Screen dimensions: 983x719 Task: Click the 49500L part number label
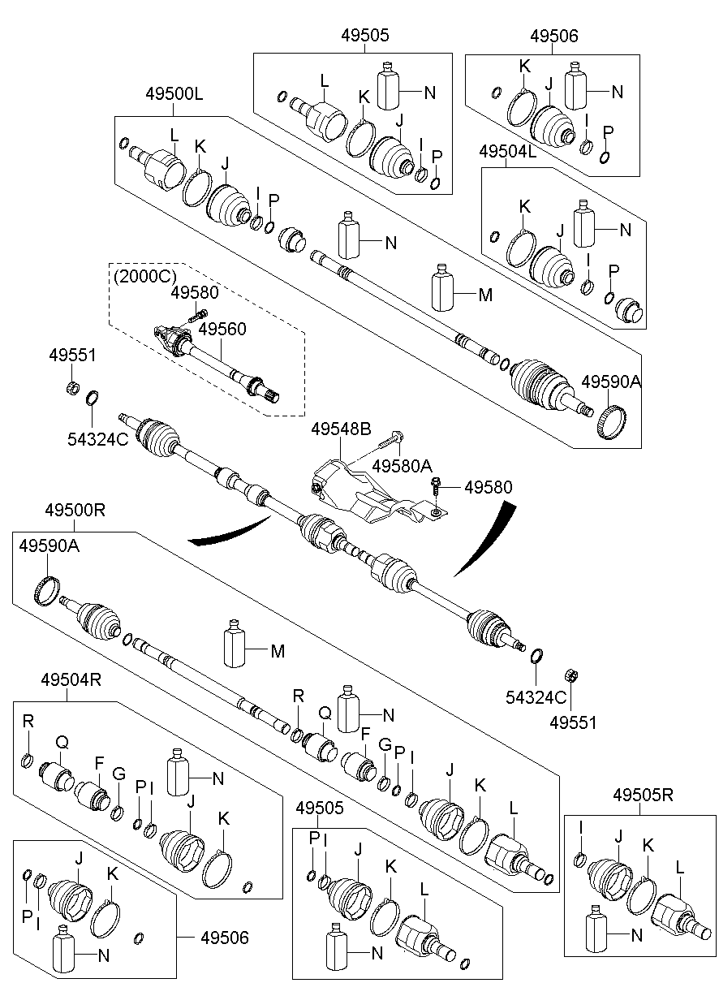[174, 94]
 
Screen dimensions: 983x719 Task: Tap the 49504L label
[508, 152]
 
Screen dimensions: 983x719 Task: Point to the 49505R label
[644, 795]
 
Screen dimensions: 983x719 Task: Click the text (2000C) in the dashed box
[144, 275]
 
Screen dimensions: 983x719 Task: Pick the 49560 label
[222, 329]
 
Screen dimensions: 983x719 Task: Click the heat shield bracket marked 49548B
[357, 491]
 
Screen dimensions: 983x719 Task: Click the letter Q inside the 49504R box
[61, 741]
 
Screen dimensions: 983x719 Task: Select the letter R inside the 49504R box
[28, 720]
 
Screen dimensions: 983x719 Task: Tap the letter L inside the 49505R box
[680, 868]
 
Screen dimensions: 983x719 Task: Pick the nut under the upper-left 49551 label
[72, 386]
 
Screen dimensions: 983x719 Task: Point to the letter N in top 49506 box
[618, 92]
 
